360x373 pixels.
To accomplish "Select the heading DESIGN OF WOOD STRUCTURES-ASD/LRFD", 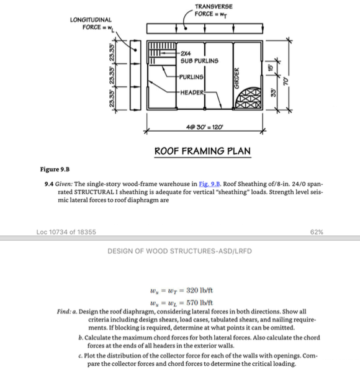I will pyautogui.click(x=180, y=252).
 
